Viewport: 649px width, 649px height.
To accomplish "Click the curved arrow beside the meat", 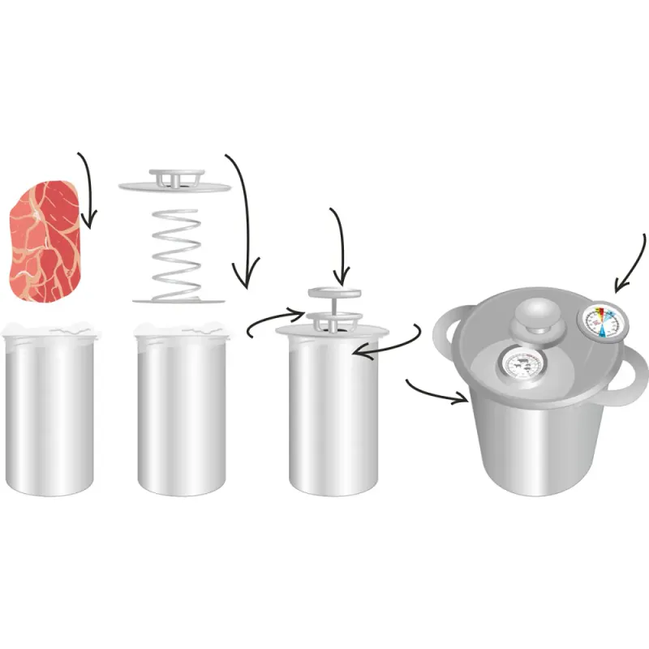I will point(88,187).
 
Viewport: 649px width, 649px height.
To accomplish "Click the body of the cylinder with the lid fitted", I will point(333,422).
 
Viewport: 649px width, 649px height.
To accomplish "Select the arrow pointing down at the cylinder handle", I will point(342,243).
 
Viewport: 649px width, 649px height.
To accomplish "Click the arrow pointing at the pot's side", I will point(438,391).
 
